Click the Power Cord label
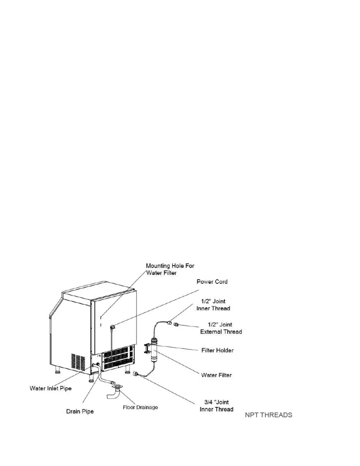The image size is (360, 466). tap(212, 282)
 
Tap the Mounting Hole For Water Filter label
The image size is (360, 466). tap(170, 269)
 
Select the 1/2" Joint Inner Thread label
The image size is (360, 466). tap(213, 305)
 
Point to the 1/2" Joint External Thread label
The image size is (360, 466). tap(221, 328)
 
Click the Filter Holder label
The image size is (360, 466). tap(217, 350)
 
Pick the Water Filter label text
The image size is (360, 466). tap(216, 375)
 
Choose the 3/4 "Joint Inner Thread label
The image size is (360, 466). tap(216, 406)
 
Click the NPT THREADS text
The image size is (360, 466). tap(269, 415)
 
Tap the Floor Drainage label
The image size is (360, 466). tap(140, 407)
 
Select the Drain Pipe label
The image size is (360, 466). tap(80, 411)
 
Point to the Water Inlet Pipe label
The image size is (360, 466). tap(51, 388)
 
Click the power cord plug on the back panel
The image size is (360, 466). tap(112, 327)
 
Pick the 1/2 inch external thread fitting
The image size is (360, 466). tap(176, 324)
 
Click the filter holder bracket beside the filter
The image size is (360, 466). tap(147, 348)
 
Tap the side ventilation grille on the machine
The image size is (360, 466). tap(78, 362)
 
